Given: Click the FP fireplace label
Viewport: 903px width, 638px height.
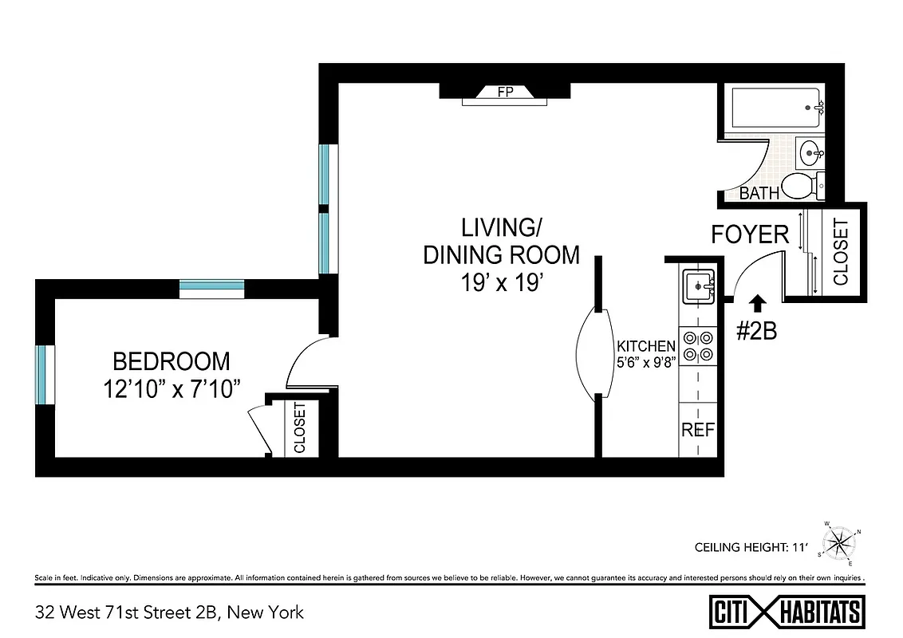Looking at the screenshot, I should (x=504, y=92).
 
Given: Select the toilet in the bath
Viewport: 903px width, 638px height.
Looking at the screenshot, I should (x=802, y=186).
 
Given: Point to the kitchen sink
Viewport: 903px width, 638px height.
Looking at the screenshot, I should (x=698, y=286).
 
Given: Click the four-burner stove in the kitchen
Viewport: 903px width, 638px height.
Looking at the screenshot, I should (x=698, y=346).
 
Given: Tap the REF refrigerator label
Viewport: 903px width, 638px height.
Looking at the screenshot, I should (x=698, y=429).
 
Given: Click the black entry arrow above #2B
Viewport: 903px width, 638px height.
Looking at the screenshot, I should (x=757, y=302).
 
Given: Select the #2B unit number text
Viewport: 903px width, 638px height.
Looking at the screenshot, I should (x=755, y=331).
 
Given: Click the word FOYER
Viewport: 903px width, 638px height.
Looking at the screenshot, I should (x=750, y=234).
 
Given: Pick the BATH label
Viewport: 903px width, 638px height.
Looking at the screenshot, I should (x=759, y=193).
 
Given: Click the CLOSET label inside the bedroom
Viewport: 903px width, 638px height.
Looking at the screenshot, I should (x=300, y=428).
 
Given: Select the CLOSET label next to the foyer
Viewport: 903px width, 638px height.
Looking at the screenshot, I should (x=841, y=252).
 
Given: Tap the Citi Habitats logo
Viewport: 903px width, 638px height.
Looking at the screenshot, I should (x=786, y=612).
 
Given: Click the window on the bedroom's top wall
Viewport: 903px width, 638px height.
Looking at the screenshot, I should (x=211, y=288).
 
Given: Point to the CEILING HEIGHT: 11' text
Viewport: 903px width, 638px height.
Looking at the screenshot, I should (x=752, y=548).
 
